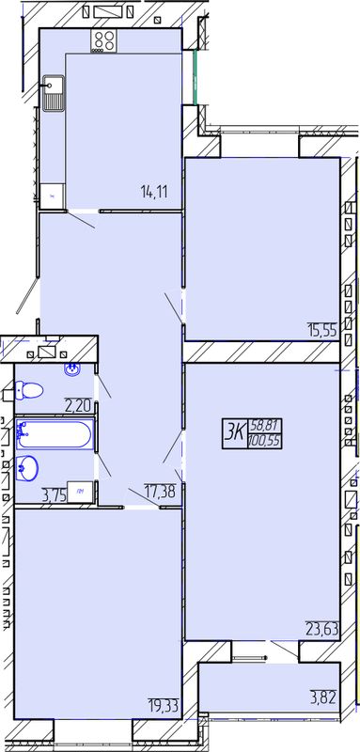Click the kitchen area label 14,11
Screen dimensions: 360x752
click(155, 193)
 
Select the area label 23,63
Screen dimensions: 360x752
click(322, 628)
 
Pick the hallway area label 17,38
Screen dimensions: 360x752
click(160, 490)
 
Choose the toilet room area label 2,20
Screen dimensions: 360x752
click(79, 407)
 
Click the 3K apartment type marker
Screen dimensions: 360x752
click(234, 432)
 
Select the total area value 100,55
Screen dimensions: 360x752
click(265, 441)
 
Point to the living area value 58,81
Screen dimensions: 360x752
click(265, 426)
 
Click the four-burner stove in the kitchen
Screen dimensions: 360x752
click(104, 40)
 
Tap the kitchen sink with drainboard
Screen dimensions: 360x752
click(54, 93)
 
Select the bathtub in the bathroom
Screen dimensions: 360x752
click(55, 434)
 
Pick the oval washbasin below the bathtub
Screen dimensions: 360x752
click(28, 468)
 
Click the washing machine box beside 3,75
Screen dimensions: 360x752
click(80, 492)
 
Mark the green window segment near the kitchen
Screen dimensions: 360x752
click(196, 77)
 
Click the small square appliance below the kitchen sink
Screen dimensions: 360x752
click(53, 196)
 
